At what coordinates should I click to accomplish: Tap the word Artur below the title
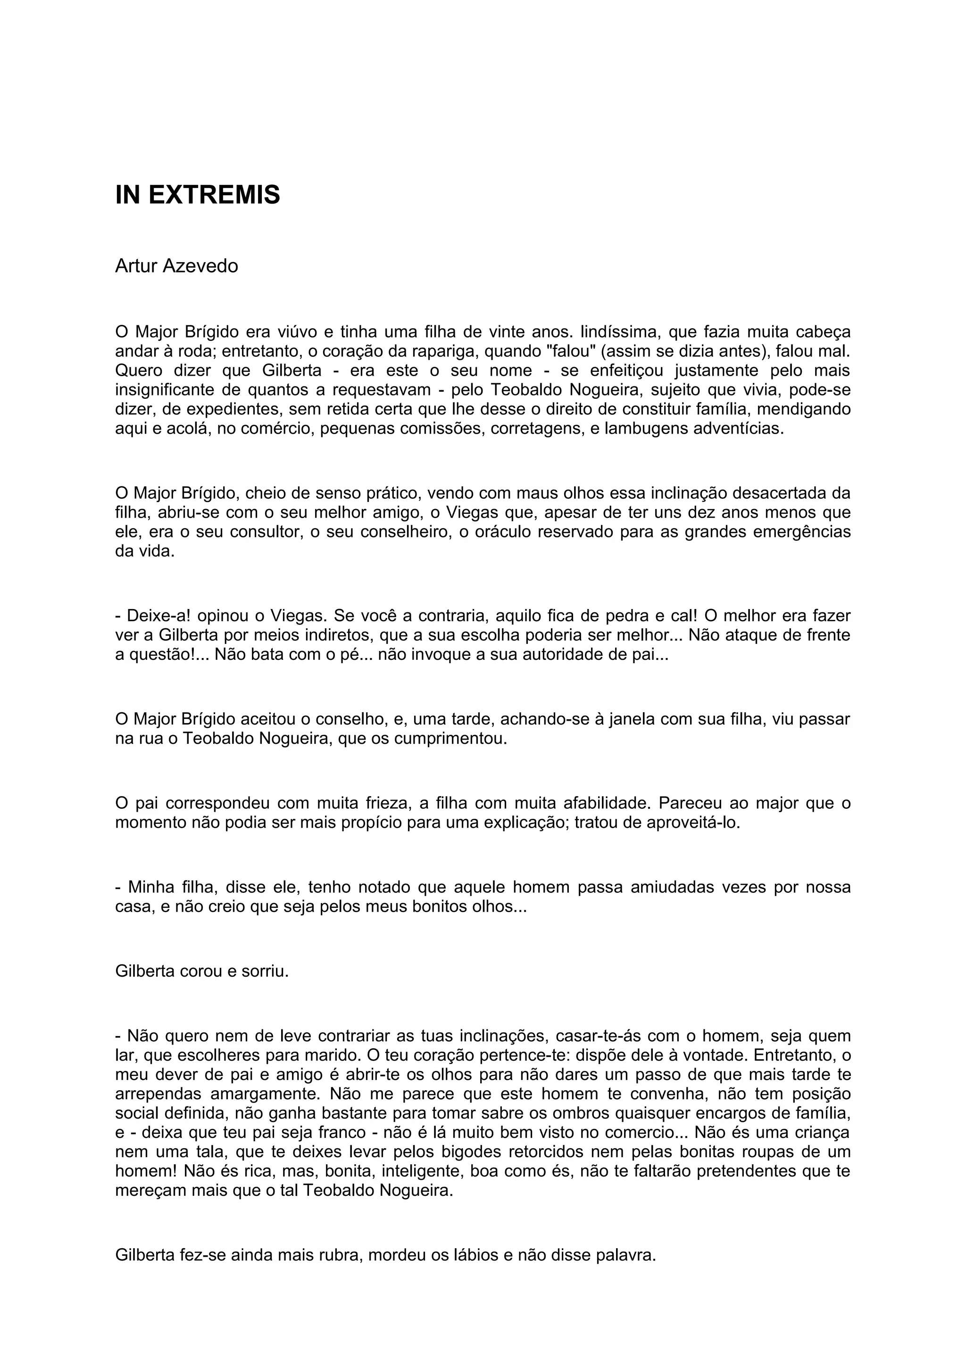click(136, 266)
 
